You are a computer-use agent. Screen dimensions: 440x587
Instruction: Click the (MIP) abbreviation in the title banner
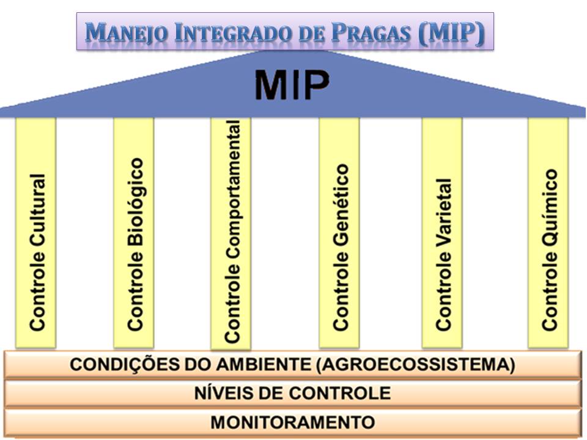(451, 32)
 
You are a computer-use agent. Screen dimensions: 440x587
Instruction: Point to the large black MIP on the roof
(292, 86)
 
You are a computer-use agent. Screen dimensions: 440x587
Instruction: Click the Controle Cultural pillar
(36, 232)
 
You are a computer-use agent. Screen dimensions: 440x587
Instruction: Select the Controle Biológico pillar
(134, 232)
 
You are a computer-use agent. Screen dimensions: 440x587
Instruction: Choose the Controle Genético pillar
(339, 232)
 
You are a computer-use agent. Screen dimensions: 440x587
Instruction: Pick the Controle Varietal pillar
(442, 232)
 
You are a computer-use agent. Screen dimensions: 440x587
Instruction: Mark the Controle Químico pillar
(548, 232)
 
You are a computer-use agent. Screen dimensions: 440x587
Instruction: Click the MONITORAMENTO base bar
(292, 422)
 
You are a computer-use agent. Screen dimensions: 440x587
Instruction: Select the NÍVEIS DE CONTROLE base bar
(292, 393)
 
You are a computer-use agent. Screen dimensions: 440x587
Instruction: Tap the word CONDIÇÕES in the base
(116, 365)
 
